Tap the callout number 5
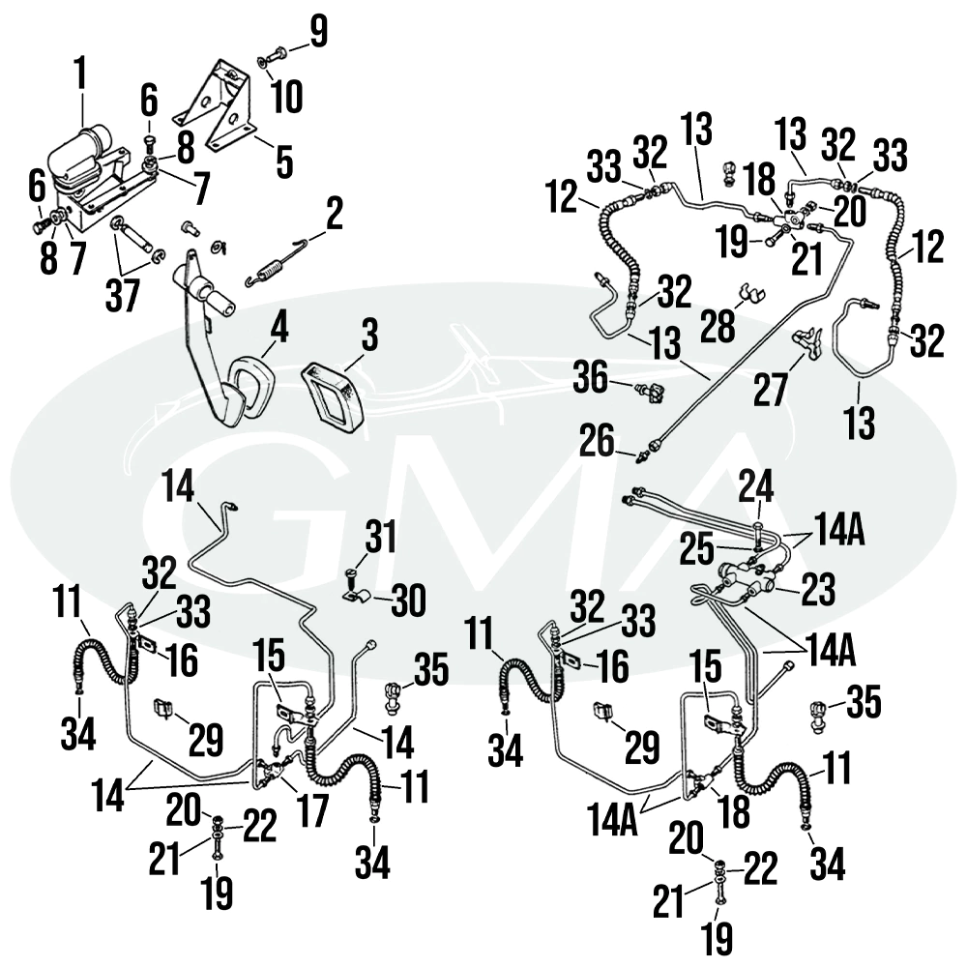283,162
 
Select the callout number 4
278,328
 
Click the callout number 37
123,296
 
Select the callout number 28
718,326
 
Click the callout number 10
286,97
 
